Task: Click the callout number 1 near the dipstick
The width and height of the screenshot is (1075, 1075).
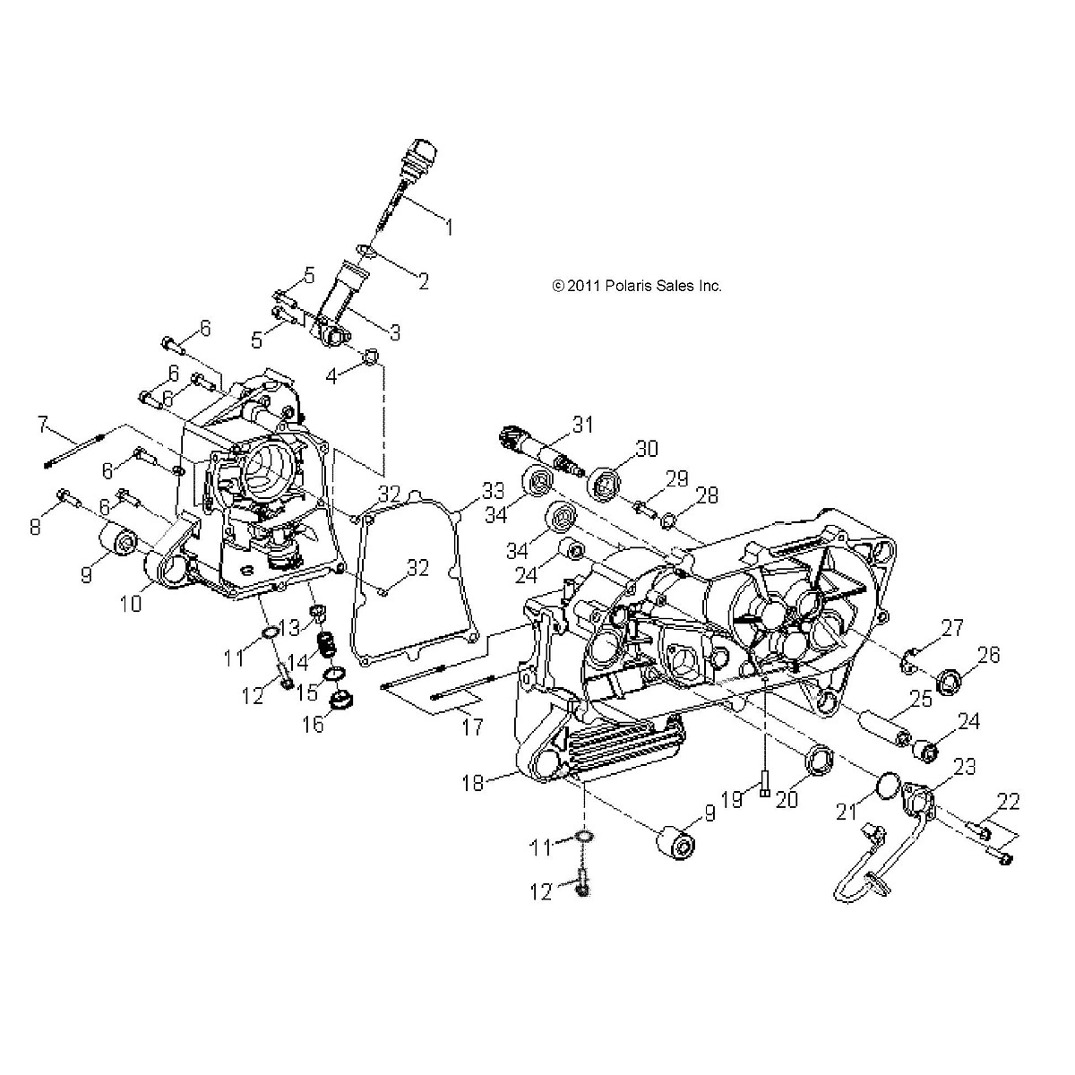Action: click(445, 228)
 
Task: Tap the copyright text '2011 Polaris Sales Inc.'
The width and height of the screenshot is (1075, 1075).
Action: click(637, 286)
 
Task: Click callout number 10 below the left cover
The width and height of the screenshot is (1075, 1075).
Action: click(131, 604)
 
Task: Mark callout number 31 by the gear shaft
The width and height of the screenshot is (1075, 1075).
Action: click(584, 425)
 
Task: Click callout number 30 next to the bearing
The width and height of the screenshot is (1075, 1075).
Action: click(646, 447)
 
